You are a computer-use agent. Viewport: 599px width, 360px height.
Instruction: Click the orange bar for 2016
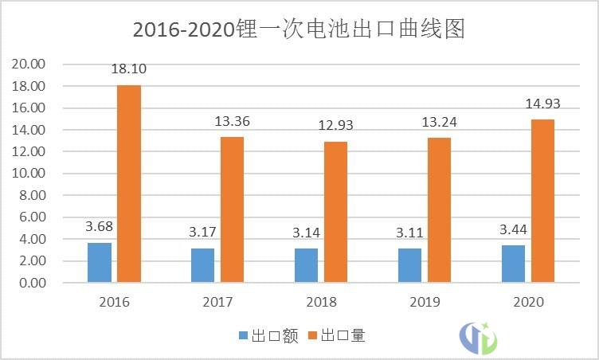(129, 183)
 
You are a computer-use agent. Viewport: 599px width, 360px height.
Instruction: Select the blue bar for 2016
(100, 262)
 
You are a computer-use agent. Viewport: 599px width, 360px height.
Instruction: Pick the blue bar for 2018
(306, 265)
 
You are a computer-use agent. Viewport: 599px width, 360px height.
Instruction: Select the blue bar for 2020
(513, 264)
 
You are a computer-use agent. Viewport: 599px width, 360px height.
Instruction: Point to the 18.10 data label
(128, 69)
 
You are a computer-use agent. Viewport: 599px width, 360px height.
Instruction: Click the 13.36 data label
(232, 122)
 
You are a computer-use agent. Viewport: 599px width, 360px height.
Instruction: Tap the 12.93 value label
(335, 126)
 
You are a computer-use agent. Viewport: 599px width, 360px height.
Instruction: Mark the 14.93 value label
(542, 104)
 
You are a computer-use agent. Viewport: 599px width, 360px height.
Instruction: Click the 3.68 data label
(100, 227)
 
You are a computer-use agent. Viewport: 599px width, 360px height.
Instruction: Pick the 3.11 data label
(409, 233)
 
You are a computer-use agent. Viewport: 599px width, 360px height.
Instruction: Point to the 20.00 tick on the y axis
(30, 64)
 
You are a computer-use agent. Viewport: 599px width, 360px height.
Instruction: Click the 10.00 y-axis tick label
(30, 173)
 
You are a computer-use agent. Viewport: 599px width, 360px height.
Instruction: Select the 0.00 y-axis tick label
(33, 283)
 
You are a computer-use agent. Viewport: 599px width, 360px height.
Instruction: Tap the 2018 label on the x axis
(321, 303)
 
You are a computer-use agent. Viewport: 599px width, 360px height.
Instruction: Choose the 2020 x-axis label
(528, 303)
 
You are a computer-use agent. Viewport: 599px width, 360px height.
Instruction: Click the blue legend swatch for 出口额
(244, 336)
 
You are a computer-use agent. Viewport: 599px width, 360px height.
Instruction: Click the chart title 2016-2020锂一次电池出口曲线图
(299, 29)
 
